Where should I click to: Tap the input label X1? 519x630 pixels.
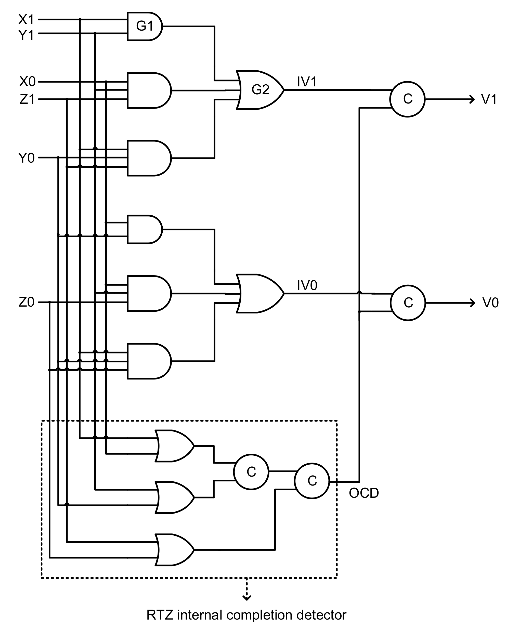[26, 20]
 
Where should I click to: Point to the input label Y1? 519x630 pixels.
[26, 35]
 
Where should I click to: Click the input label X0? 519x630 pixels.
[27, 82]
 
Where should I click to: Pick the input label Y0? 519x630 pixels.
[26, 158]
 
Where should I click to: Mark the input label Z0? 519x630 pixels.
[26, 303]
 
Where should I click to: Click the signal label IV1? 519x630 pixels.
[307, 82]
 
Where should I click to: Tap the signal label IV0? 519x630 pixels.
[307, 286]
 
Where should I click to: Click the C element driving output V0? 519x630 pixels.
[408, 303]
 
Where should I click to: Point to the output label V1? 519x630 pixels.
[489, 99]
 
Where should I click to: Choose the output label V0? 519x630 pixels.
[490, 303]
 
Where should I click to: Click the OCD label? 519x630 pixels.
[364, 493]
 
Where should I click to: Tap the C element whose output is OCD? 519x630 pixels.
[312, 481]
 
